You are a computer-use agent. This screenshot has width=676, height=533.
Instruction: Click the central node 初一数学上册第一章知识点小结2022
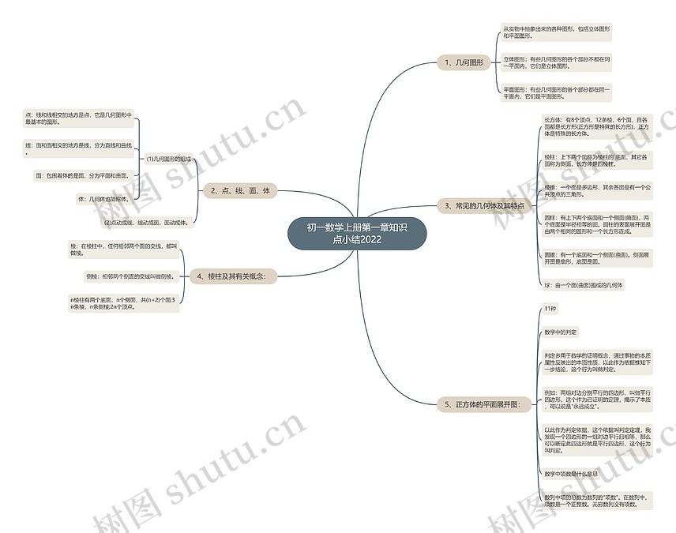(357, 234)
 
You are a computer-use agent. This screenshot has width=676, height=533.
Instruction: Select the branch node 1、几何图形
(468, 62)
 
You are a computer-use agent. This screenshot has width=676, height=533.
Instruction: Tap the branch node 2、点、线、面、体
(240, 190)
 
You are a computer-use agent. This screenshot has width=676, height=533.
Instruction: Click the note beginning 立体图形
(558, 62)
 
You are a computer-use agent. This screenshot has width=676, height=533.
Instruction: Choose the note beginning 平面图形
(558, 93)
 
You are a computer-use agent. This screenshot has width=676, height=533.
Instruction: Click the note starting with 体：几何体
(103, 198)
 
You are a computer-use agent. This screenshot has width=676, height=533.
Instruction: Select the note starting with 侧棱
(130, 276)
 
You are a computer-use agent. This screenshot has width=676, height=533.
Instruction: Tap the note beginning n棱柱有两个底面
(123, 304)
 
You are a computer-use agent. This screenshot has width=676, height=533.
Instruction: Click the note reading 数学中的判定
(561, 332)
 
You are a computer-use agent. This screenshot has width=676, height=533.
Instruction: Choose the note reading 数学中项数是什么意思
(571, 474)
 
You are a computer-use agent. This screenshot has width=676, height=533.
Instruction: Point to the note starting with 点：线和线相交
(79, 118)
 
